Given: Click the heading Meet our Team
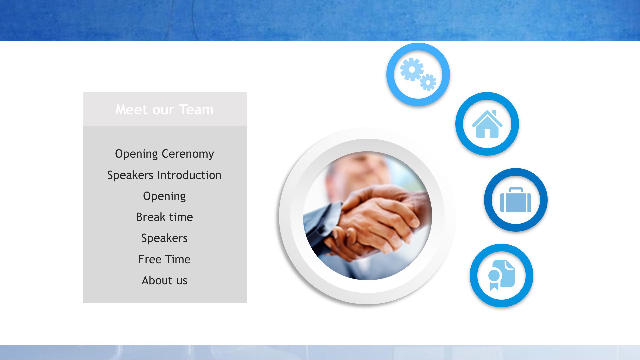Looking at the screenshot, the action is pos(164,110).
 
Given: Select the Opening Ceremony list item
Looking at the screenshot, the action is pos(164,154).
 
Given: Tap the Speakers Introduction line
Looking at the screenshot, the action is pos(164,175).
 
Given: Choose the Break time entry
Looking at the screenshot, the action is pos(164,217).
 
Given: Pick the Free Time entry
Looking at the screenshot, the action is pos(164,259).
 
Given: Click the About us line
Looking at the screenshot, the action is pos(164,280).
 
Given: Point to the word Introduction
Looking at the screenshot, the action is pos(189,175).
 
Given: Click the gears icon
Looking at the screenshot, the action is pos(418,74).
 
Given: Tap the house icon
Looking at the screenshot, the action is pos(487,124).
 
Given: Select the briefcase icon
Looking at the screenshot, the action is pos(516,200).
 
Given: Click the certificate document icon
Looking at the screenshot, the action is pos(502,275).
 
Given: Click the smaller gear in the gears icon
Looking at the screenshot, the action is pos(428,82).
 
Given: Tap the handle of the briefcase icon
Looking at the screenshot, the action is pos(516,190).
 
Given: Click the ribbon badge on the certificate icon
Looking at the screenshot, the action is pos(494,280).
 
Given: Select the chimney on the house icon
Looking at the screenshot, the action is pos(494,113).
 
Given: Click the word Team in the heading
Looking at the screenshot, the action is pos(196,110).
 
